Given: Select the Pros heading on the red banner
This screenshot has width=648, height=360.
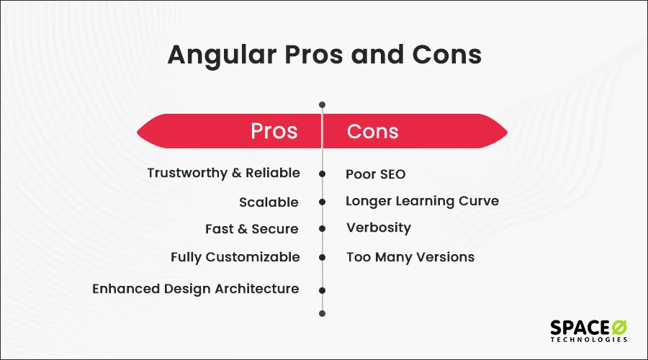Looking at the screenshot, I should click(274, 131).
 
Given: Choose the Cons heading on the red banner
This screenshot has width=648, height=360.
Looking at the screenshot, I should click(372, 131).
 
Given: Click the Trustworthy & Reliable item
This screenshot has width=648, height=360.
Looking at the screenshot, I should click(223, 173).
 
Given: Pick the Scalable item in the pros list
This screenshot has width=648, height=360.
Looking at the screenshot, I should click(269, 202).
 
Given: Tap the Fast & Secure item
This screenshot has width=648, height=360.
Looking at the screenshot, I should click(251, 229).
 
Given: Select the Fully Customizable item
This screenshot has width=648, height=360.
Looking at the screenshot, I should click(235, 257).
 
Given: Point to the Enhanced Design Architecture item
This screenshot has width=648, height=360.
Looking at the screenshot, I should click(195, 289).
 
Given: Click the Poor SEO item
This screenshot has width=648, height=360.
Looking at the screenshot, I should click(375, 174).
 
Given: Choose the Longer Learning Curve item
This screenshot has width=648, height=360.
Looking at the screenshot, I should click(422, 201).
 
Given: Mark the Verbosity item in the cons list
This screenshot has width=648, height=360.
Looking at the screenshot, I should click(378, 228).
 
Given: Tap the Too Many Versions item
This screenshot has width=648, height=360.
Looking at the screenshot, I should click(410, 257).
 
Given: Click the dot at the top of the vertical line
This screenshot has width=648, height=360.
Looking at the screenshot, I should click(322, 104).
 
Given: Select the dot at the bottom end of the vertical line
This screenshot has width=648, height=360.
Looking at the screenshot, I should click(322, 313).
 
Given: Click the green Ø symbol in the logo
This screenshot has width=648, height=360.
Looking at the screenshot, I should click(618, 326).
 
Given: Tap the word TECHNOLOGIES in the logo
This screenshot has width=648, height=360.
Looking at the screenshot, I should click(589, 339).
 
